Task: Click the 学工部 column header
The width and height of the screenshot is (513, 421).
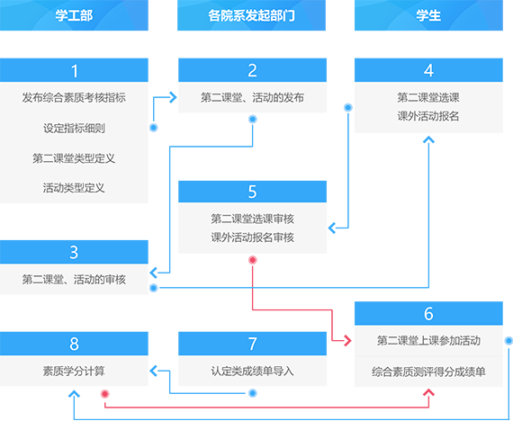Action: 74,15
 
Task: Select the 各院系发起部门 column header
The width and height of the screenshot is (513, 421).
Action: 251,15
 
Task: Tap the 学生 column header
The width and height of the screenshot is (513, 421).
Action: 428,15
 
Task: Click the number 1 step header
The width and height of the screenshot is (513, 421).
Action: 74,70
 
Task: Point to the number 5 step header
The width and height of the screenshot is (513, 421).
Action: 252,192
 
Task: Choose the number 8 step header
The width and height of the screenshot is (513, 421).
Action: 74,344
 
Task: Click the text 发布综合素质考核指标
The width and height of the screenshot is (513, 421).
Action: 74,97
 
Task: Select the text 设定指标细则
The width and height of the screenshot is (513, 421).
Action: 74,128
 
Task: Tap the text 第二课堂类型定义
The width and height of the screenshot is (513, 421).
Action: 74,158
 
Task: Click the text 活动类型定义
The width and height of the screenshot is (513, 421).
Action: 74,188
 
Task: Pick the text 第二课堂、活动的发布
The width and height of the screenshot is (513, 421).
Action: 252,97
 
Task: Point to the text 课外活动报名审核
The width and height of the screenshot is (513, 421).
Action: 252,237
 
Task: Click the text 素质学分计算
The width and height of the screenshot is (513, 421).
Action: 74,371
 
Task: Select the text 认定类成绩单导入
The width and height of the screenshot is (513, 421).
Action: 252,371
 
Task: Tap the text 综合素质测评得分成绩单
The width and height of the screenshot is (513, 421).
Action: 428,372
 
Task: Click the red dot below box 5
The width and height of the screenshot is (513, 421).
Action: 252,260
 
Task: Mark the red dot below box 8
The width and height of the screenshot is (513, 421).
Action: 104,394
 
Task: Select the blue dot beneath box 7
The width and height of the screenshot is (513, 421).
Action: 252,393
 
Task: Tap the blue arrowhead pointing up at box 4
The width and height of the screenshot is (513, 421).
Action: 428,140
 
